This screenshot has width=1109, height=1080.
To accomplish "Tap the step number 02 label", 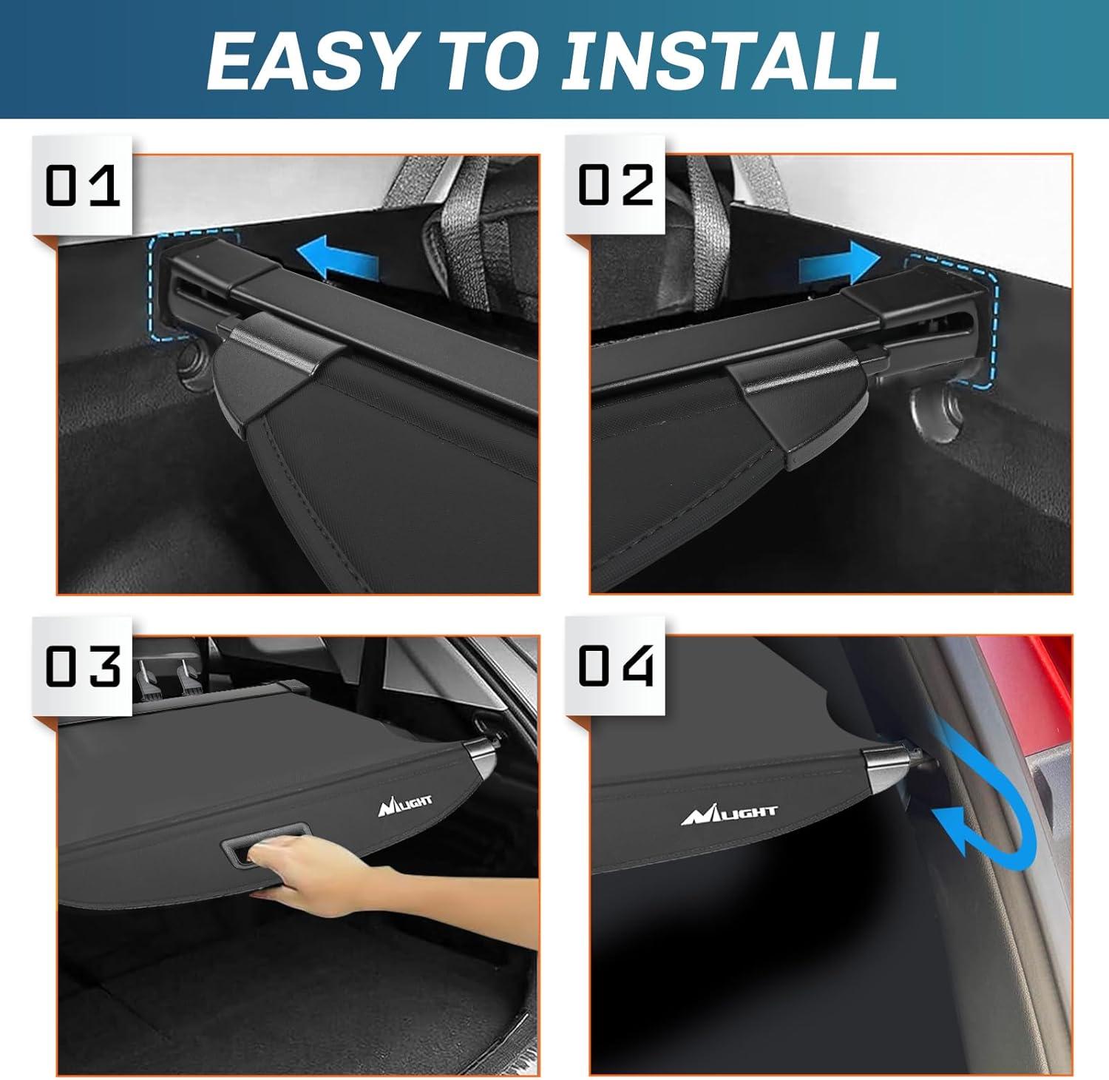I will point(615,185).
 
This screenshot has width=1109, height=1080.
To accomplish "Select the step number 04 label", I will point(615,666).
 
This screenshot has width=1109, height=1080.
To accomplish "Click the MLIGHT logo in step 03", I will point(404,805).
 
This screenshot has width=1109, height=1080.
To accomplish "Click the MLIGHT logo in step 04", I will point(729,814).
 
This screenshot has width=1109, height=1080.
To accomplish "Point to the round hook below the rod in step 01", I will point(194,364).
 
